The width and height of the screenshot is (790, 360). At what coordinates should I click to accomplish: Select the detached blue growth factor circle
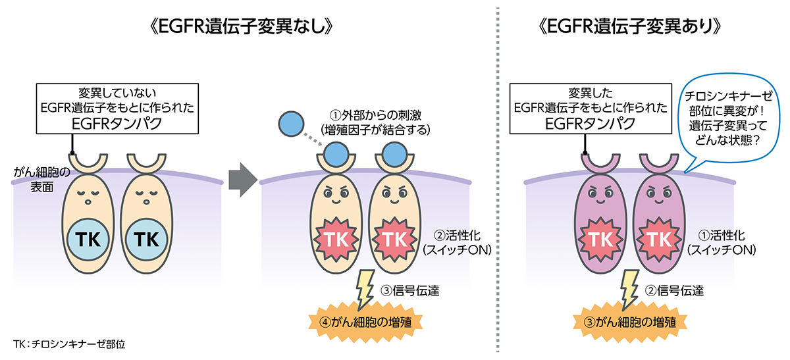[x=291, y=123]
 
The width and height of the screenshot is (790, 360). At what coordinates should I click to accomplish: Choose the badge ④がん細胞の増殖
[x=365, y=322]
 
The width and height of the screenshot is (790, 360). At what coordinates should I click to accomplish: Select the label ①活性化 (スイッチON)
[x=720, y=243]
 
